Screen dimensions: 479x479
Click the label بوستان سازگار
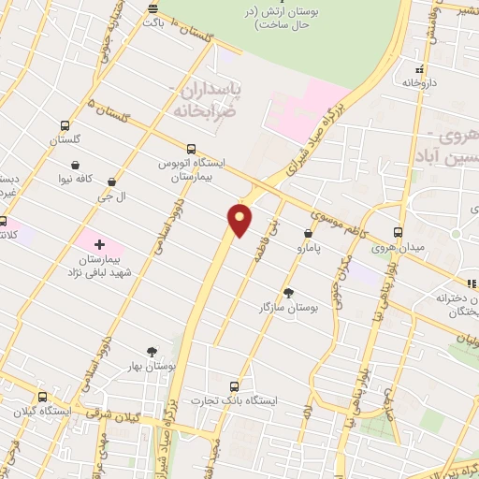(x=290, y=306)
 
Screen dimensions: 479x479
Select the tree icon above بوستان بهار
(x=152, y=352)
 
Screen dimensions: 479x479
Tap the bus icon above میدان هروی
(x=399, y=232)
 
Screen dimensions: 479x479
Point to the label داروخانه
(x=420, y=83)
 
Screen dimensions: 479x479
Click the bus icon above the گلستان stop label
(x=65, y=126)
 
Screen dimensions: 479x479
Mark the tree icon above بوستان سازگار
(x=288, y=291)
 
